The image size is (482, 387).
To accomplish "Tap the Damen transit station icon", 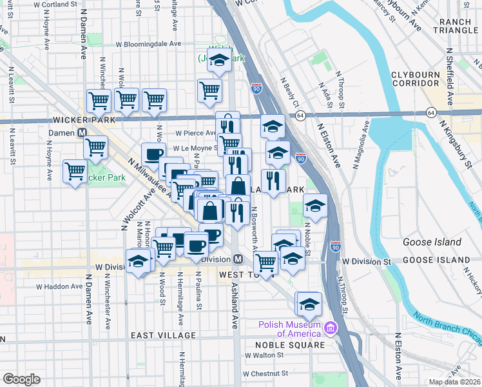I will [x=82, y=132].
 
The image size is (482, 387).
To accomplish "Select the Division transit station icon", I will [x=238, y=259].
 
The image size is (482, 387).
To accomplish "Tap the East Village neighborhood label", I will [x=162, y=335].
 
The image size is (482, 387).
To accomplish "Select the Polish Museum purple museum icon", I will [x=331, y=329].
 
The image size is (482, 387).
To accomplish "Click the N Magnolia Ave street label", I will [x=360, y=145].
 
